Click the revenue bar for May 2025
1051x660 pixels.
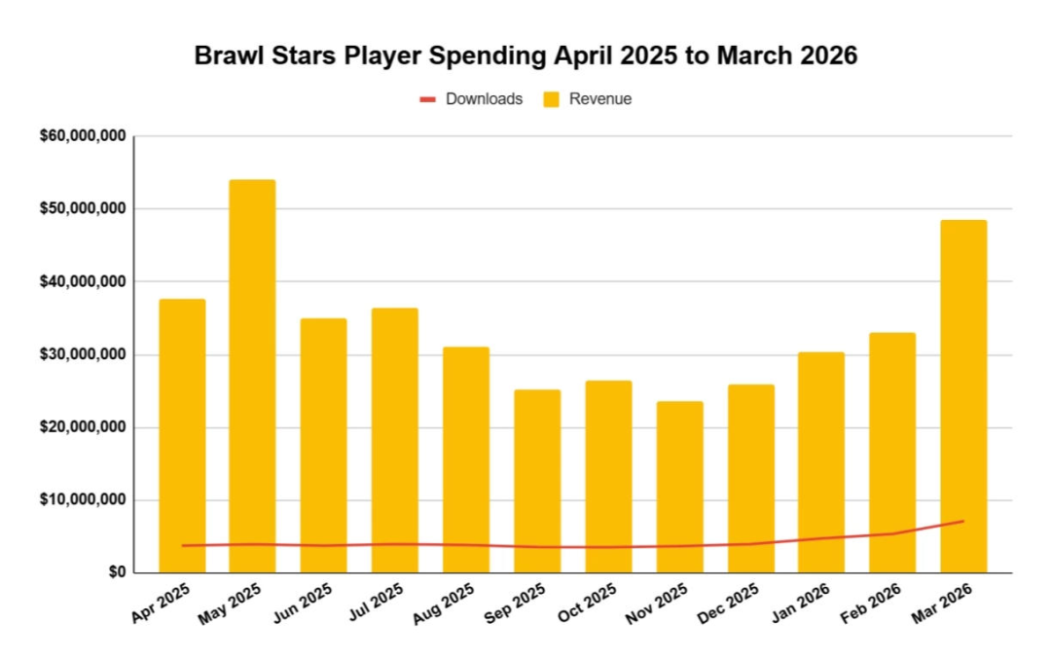252,377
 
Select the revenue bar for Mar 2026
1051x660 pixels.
963,396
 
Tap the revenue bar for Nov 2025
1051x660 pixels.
679,487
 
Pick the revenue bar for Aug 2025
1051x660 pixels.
466,460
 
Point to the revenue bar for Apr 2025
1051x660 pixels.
182,436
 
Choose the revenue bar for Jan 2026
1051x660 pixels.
821,462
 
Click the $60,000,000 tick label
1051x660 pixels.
83,136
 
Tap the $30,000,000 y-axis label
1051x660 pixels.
83,354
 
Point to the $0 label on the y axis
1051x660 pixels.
117,572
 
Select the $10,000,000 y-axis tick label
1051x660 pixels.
83,499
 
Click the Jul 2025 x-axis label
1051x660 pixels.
376,602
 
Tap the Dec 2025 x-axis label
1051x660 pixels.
728,603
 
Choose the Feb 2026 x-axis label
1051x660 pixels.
870,603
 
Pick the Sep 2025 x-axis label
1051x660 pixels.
514,603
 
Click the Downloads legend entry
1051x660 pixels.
471,99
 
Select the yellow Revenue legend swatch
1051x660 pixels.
551,99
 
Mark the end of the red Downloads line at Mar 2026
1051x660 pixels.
963,521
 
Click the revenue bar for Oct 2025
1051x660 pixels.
608,477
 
